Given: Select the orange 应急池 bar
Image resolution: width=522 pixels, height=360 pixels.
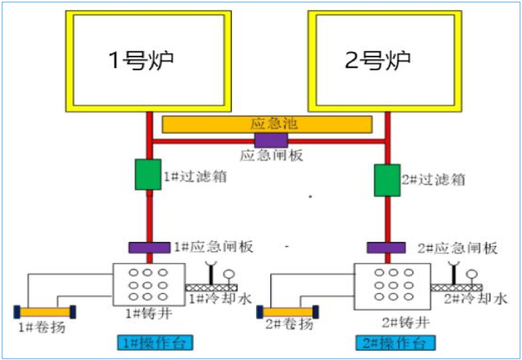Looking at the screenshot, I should [267, 124].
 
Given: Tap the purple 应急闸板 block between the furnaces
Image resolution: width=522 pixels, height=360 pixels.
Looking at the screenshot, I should [271, 141].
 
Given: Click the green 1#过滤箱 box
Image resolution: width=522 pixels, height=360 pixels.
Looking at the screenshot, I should [147, 174].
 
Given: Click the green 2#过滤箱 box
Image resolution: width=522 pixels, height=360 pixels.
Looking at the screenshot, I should [387, 180].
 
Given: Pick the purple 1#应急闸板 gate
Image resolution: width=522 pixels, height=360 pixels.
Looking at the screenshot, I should [149, 247].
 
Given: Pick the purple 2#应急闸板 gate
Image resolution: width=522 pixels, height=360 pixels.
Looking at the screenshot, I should [386, 248].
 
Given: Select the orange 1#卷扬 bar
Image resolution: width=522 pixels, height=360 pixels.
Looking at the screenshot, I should [44, 312].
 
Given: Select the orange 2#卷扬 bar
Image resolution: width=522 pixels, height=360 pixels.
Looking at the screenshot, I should [287, 312].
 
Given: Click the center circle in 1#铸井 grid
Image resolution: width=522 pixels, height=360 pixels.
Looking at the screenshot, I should [149, 285].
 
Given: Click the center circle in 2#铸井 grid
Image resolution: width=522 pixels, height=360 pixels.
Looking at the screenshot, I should [392, 285].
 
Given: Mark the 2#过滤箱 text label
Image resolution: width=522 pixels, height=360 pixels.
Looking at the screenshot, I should [434, 180].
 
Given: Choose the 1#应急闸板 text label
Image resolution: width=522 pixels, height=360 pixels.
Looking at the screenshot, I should [213, 247].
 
